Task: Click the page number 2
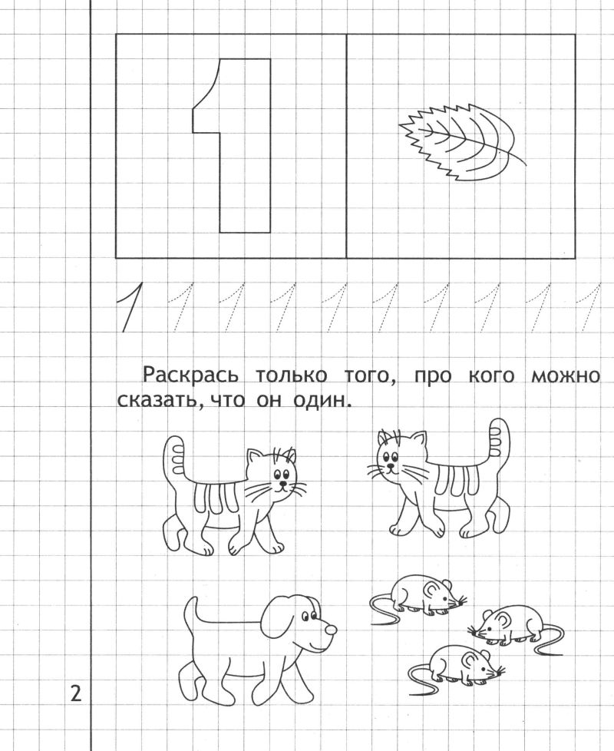[x=76, y=693]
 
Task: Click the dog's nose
[x=330, y=629]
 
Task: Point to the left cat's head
[x=276, y=474]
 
